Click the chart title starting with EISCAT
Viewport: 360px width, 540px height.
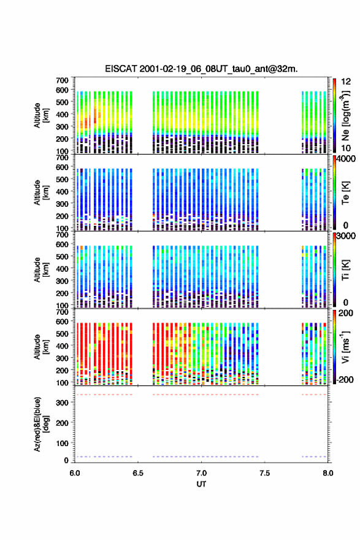click(x=201, y=69)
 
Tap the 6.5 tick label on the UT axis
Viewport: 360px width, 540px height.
click(x=137, y=473)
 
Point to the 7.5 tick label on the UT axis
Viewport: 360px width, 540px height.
click(x=264, y=473)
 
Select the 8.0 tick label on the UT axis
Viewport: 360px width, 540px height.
click(x=328, y=473)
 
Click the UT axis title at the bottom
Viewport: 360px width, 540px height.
click(x=201, y=484)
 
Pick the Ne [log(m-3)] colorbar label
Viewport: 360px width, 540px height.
click(x=346, y=115)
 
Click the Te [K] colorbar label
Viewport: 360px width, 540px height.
click(x=345, y=193)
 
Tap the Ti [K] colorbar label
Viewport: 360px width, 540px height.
click(x=345, y=270)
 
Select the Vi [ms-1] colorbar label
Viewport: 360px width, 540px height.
click(x=345, y=347)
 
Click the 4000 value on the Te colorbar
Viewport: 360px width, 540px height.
click(x=345, y=160)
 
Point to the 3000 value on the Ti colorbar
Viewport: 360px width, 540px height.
click(x=345, y=236)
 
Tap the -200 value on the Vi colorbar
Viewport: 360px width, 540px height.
click(x=344, y=379)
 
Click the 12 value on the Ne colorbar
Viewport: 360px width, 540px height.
click(x=346, y=82)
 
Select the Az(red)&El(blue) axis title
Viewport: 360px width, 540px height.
click(x=41, y=424)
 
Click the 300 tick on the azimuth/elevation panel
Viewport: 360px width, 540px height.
click(x=63, y=403)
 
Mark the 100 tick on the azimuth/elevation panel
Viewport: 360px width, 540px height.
click(x=63, y=443)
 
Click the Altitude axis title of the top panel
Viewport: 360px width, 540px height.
click(x=41, y=115)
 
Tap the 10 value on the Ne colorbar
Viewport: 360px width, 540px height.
click(x=346, y=148)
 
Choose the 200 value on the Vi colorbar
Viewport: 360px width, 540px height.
click(x=345, y=313)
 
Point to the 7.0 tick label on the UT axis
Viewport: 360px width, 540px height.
click(x=201, y=473)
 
